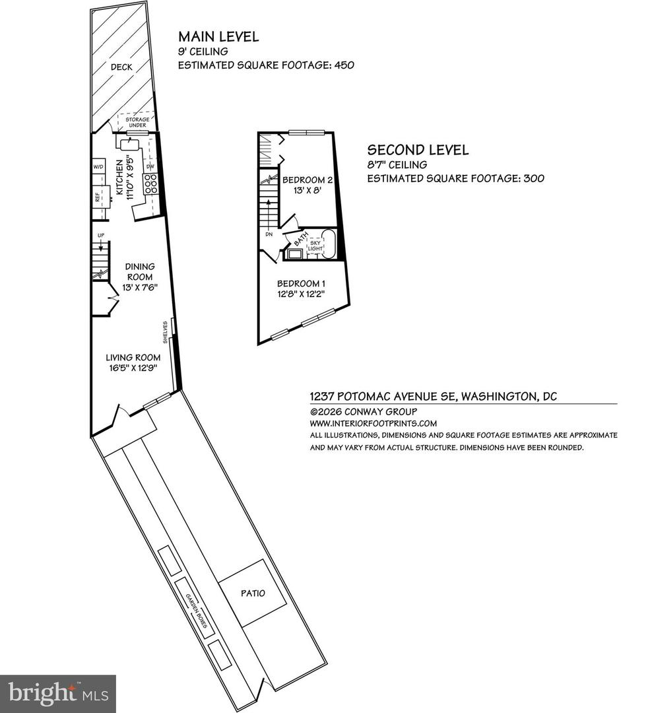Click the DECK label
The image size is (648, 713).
tap(123, 67)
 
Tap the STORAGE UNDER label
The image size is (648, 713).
tap(137, 122)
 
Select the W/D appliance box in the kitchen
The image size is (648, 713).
tap(99, 166)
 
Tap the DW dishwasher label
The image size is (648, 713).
tap(150, 166)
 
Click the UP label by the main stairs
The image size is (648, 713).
tap(100, 235)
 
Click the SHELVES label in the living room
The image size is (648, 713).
tap(165, 332)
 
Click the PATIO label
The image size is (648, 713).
tap(252, 593)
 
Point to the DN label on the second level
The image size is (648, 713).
tap(269, 234)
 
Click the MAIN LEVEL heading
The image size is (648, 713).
tap(218, 36)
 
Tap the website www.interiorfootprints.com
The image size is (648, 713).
tap(373, 423)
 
